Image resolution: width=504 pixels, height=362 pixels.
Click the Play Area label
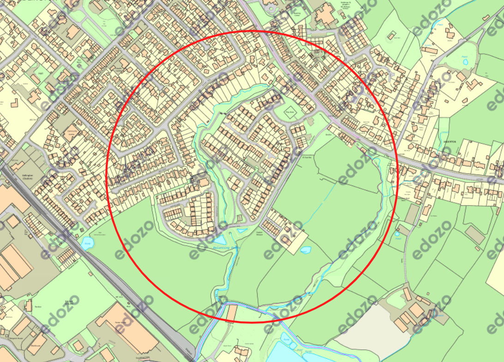(x=290, y=112)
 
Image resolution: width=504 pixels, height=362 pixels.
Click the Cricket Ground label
(x=69, y=302)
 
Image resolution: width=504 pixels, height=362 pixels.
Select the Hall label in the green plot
(x=41, y=72)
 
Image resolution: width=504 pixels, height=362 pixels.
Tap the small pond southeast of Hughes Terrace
(x=305, y=250)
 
